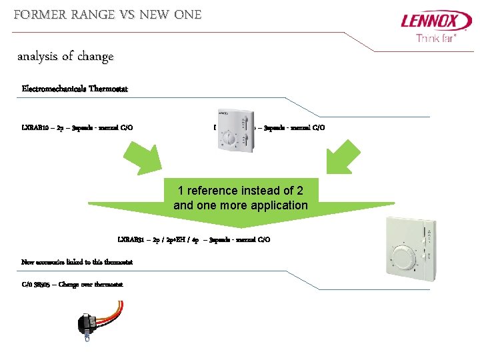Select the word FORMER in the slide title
click(x=37, y=14)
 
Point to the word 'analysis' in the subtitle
click(x=37, y=57)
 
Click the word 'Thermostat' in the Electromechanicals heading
click(x=106, y=89)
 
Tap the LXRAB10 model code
click(x=35, y=127)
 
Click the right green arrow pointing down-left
click(x=345, y=157)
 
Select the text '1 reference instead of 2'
click(x=241, y=191)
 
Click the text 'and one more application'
click(x=241, y=205)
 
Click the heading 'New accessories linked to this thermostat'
click(x=77, y=262)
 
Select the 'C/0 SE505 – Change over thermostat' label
click(x=72, y=285)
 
